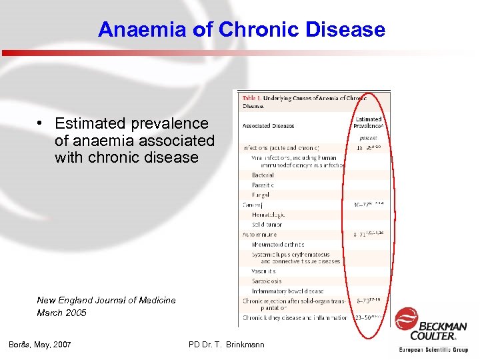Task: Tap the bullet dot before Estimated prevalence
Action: click(41, 123)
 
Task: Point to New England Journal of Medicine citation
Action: click(106, 300)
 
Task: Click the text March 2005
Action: click(61, 313)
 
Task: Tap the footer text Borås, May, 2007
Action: click(40, 344)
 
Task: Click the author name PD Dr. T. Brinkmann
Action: click(227, 344)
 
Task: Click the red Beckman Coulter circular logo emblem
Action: click(406, 319)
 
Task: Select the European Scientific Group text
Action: click(433, 349)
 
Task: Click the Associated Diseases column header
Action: click(269, 126)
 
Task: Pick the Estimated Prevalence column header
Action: click(368, 123)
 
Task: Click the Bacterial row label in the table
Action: click(263, 175)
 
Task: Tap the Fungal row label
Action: click(261, 195)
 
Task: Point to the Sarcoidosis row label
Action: click(267, 281)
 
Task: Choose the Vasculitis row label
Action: click(264, 271)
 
